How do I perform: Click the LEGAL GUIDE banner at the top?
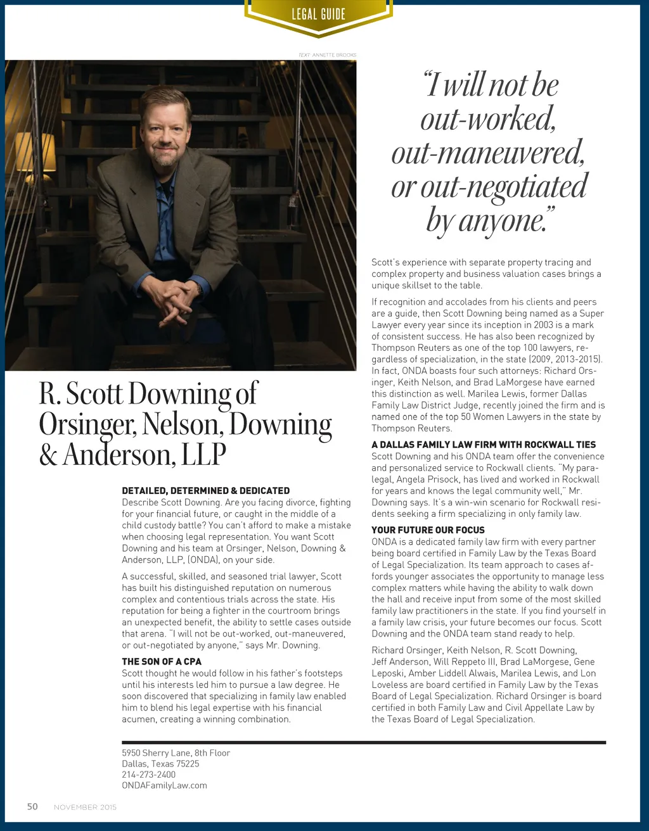point(318,14)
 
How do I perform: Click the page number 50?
point(32,806)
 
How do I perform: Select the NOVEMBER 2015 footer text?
point(85,807)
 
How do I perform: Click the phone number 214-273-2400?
point(149,774)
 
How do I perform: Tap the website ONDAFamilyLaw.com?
point(164,785)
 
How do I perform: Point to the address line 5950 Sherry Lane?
point(176,752)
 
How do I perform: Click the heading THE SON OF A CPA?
point(162,661)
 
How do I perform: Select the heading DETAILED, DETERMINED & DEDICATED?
point(205,490)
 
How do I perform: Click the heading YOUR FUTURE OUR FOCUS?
point(428,530)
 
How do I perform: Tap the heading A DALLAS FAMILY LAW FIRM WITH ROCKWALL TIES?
point(484,445)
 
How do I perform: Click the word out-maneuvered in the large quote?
point(487,153)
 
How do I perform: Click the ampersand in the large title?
point(48,455)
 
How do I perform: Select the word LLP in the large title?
point(203,454)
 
